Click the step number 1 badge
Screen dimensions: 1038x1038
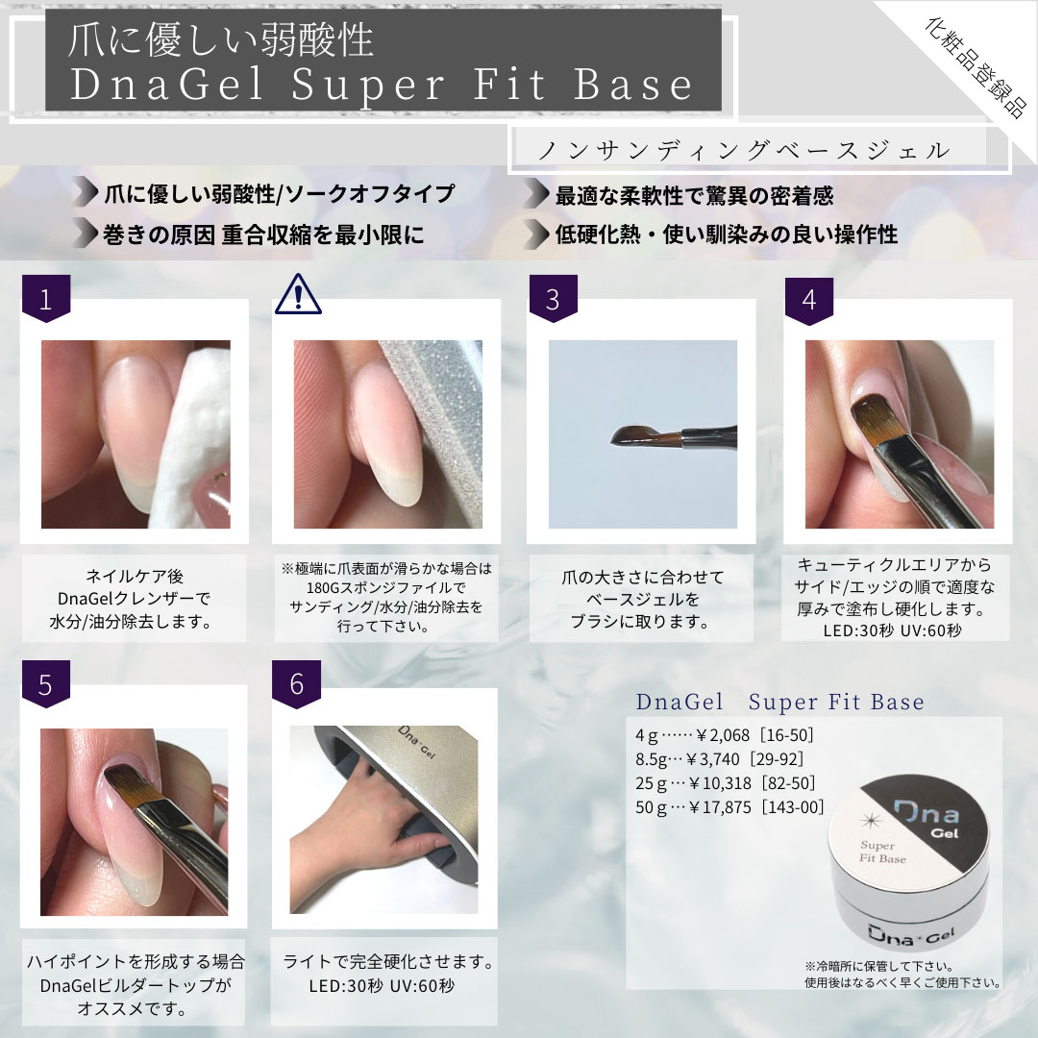coord(45,299)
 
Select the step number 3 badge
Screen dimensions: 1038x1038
coord(553,299)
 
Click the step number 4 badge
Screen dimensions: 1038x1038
coord(809,299)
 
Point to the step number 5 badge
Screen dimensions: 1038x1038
coord(45,683)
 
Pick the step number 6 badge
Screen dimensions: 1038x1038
coord(297,683)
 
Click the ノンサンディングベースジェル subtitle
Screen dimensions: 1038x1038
coord(746,151)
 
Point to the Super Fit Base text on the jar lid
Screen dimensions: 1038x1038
coord(885,850)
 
